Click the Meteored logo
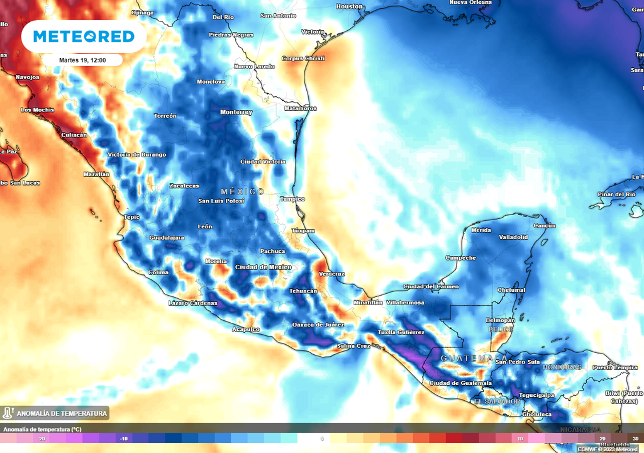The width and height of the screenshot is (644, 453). (x=84, y=36)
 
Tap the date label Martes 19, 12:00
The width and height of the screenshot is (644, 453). (x=82, y=60)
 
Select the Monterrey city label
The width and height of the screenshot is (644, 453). (x=236, y=113)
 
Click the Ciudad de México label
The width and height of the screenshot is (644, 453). (x=263, y=267)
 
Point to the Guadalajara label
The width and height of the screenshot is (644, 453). (x=166, y=238)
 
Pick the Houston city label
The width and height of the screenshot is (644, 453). (x=350, y=7)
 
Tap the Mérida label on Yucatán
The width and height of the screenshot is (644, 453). (x=480, y=230)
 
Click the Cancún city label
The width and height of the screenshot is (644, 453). (x=545, y=226)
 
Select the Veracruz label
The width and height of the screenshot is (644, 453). (x=331, y=274)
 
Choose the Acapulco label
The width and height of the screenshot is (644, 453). (x=246, y=330)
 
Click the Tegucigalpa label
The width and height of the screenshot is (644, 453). (x=537, y=395)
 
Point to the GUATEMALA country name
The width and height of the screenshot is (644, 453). (x=465, y=358)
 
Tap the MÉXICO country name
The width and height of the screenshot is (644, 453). (x=242, y=191)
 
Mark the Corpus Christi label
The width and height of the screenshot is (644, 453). (x=303, y=59)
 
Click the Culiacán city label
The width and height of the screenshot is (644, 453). (x=74, y=135)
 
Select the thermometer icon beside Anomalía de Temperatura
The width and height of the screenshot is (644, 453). (x=8, y=413)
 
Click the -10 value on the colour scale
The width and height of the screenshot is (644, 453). (x=125, y=439)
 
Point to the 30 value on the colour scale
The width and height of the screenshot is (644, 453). (x=635, y=439)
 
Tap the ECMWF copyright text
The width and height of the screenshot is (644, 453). (x=607, y=449)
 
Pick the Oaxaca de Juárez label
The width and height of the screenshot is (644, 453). (x=318, y=325)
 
